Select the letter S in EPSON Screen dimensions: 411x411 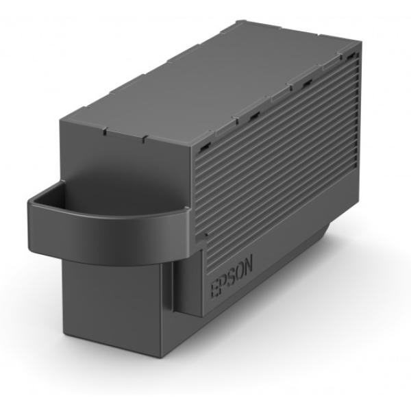(x=232, y=277)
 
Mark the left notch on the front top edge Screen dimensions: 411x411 (x=105, y=131)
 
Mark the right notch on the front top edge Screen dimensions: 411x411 (x=144, y=138)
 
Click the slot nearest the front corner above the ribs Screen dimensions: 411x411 (x=206, y=147)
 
